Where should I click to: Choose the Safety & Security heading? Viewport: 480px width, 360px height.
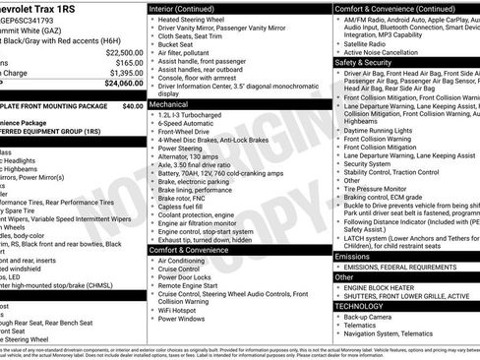[363, 62]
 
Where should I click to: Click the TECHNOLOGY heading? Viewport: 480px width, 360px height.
[359, 306]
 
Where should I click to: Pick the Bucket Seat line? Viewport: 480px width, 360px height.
[177, 45]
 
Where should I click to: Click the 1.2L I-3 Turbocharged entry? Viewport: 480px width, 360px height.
[193, 114]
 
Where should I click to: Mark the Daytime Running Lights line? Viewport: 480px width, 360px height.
[387, 130]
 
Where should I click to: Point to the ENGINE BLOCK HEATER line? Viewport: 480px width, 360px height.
[386, 286]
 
